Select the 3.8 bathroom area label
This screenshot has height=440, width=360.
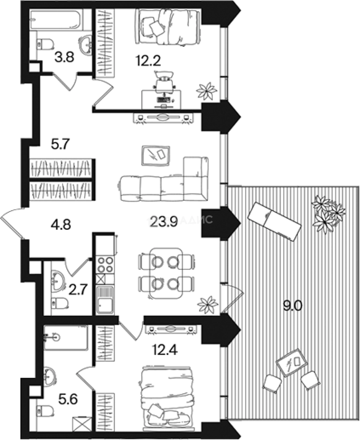64,58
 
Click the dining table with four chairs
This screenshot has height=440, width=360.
166,272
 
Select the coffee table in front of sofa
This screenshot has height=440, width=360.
156,155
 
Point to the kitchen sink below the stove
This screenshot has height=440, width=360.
105,300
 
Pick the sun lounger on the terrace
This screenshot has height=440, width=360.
275,222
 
